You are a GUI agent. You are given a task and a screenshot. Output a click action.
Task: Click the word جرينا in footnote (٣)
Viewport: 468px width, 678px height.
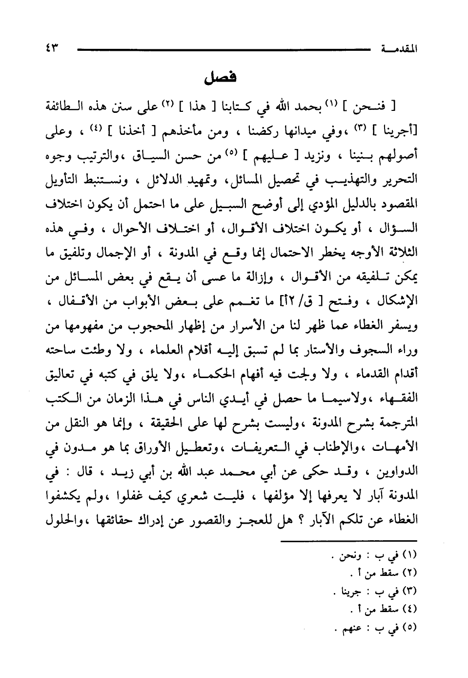351,593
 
